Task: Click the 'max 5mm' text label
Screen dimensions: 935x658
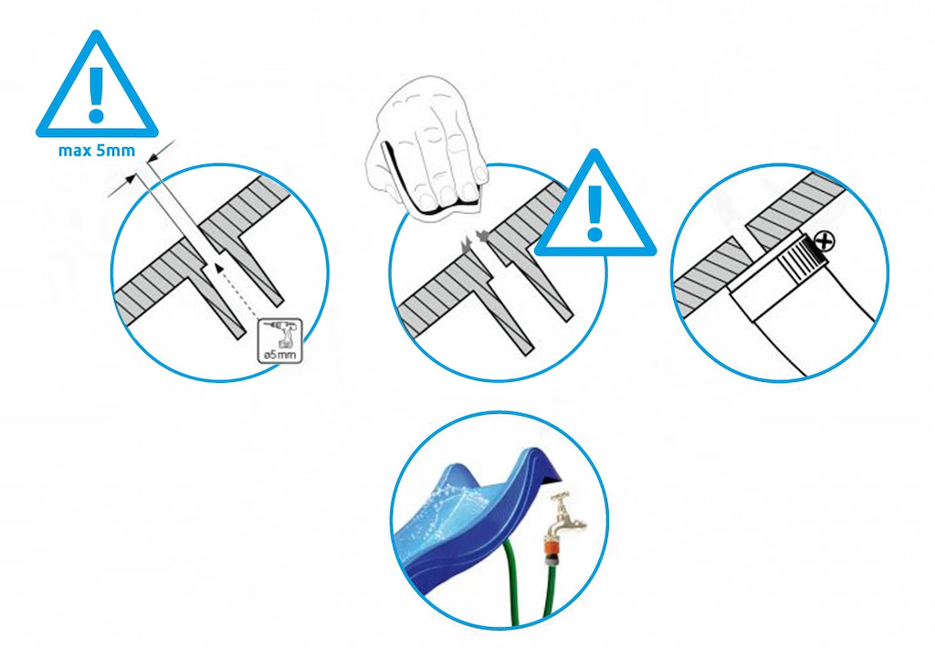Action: [x=97, y=151]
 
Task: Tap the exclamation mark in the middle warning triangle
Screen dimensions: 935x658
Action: [x=594, y=212]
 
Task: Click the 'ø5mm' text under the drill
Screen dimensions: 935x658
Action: [x=280, y=355]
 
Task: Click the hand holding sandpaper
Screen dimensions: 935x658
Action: [x=427, y=146]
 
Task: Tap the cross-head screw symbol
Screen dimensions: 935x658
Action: [x=825, y=242]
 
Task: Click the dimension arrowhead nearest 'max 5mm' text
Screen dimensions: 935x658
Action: [x=152, y=157]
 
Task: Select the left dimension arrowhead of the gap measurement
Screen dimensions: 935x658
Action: [x=129, y=180]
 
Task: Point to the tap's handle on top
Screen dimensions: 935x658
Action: [x=560, y=496]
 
